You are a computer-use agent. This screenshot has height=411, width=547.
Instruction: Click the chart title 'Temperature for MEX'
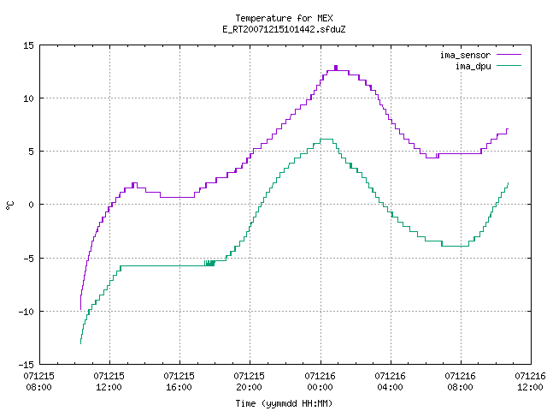pyautogui.click(x=284, y=18)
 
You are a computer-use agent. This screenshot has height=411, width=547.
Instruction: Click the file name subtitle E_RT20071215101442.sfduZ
pyautogui.click(x=284, y=29)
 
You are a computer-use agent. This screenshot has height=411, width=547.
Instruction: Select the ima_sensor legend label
pyautogui.click(x=465, y=55)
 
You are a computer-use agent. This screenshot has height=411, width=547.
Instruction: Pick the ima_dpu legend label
pyautogui.click(x=473, y=66)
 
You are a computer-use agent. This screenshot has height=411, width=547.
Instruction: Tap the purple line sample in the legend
pyautogui.click(x=509, y=55)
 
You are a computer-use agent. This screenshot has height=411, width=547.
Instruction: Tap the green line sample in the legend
pyautogui.click(x=509, y=66)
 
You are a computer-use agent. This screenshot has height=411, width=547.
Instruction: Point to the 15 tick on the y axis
pyautogui.click(x=28, y=45)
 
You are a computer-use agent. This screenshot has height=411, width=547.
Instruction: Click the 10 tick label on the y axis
pyautogui.click(x=28, y=98)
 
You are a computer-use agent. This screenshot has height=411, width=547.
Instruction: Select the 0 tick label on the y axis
pyautogui.click(x=31, y=205)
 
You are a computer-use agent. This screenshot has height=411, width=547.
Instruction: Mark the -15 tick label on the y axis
pyautogui.click(x=26, y=365)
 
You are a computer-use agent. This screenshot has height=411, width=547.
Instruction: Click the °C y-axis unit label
pyautogui.click(x=9, y=205)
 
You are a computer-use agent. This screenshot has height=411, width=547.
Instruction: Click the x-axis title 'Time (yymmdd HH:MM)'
pyautogui.click(x=284, y=403)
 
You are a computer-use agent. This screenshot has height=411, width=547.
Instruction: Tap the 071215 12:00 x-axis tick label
pyautogui.click(x=109, y=381)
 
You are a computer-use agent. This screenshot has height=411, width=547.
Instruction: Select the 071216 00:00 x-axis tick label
pyautogui.click(x=320, y=381)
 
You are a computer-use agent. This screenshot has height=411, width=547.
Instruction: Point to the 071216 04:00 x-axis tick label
pyautogui.click(x=390, y=381)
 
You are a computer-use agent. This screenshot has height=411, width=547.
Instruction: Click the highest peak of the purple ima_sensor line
pyautogui.click(x=336, y=67)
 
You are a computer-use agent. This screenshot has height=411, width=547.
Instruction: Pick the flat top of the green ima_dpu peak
pyautogui.click(x=326, y=139)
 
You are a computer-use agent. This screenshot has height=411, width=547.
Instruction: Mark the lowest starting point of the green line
pyautogui.click(x=80, y=343)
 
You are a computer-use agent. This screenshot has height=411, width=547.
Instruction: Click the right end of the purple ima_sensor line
pyautogui.click(x=508, y=129)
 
